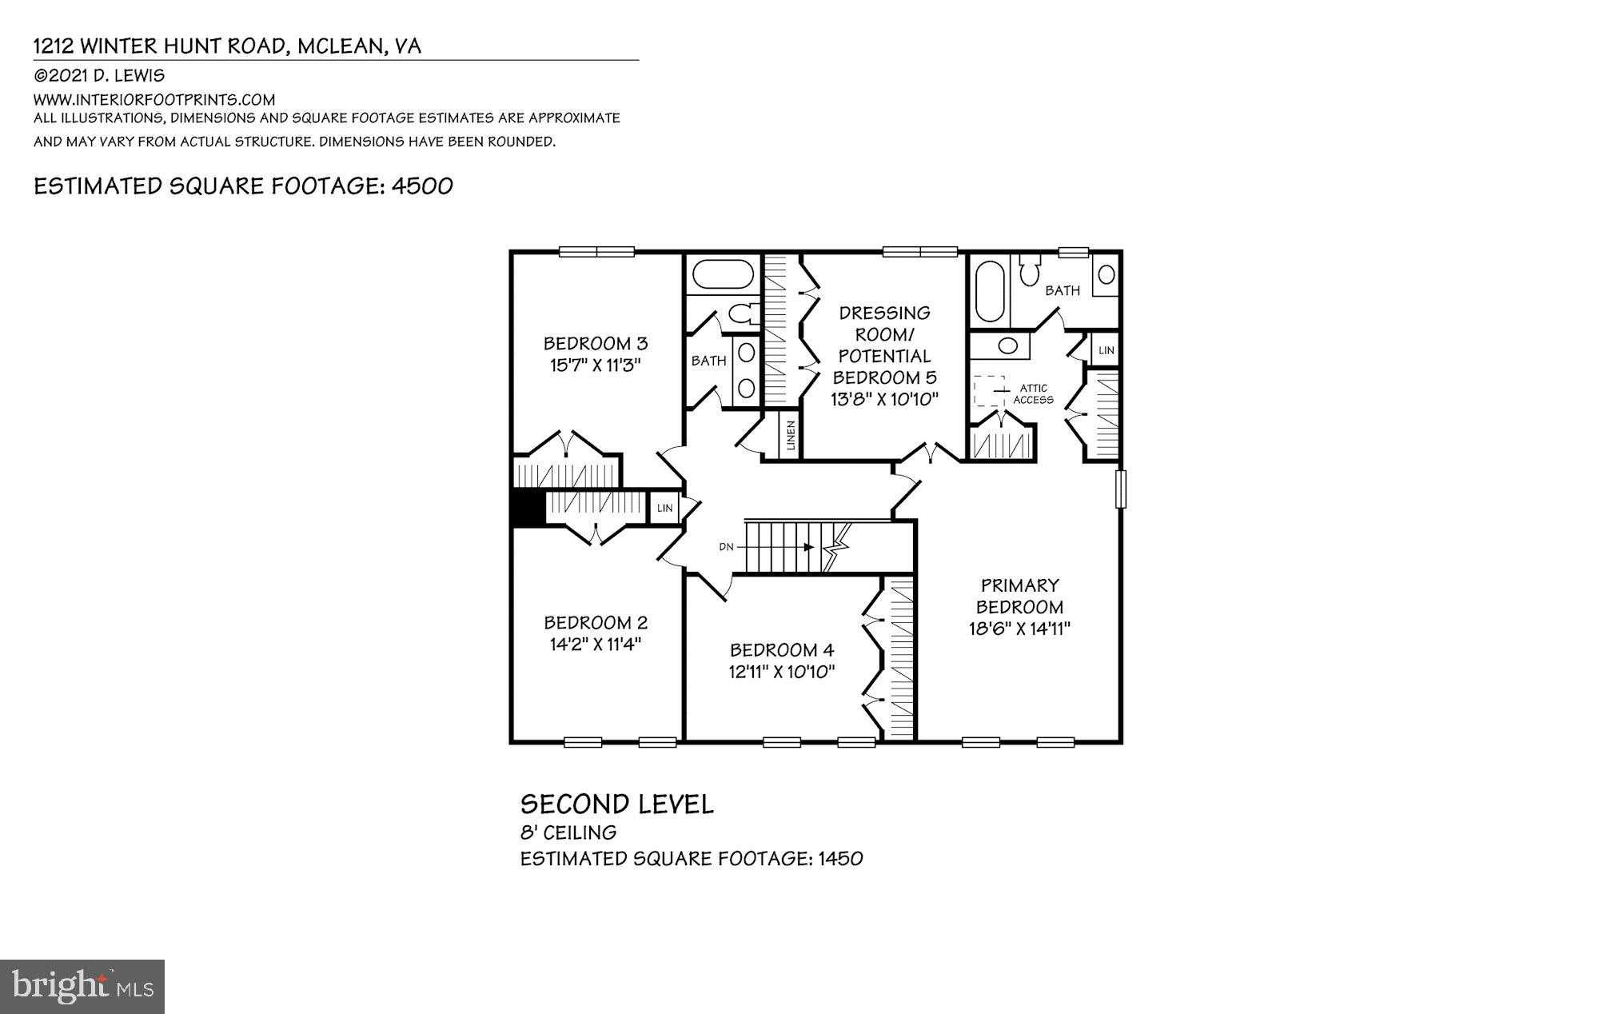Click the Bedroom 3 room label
click(595, 344)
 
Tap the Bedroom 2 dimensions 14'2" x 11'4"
click(596, 644)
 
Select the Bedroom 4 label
click(782, 649)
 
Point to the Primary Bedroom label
click(1019, 596)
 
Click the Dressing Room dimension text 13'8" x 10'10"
click(883, 399)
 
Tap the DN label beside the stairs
click(726, 547)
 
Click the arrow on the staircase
click(808, 548)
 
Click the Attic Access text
click(1033, 393)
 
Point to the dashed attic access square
click(989, 391)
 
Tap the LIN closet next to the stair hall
click(664, 508)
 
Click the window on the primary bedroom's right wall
click(1120, 489)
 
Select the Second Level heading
click(616, 804)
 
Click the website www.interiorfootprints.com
click(154, 100)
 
